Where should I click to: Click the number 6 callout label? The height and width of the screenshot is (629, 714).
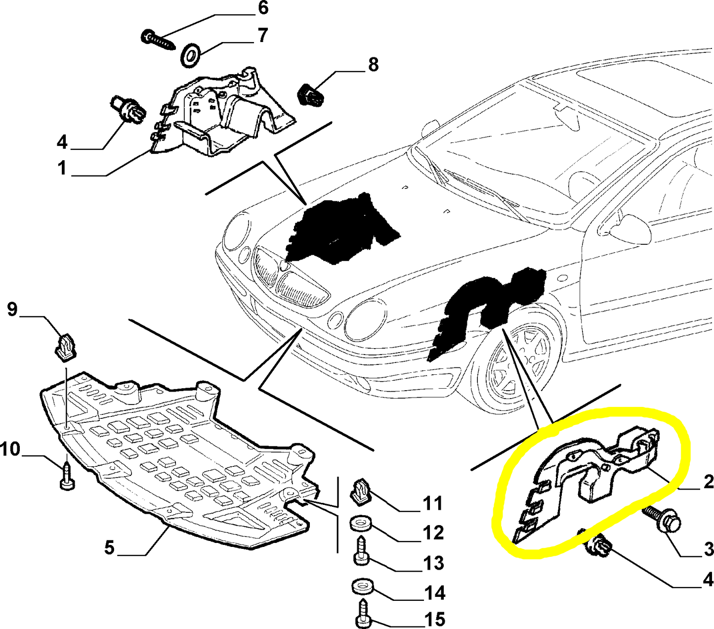point(262,8)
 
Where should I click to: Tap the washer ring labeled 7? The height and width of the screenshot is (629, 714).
point(191,55)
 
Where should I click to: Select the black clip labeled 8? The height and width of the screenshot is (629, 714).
point(311,94)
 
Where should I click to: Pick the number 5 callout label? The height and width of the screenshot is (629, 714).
point(110,547)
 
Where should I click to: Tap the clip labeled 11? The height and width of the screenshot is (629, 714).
point(360,491)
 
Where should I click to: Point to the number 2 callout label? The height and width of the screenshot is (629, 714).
point(708,482)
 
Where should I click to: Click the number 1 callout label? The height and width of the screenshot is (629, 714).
point(62,168)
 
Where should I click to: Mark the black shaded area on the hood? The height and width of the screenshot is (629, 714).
point(341,227)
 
